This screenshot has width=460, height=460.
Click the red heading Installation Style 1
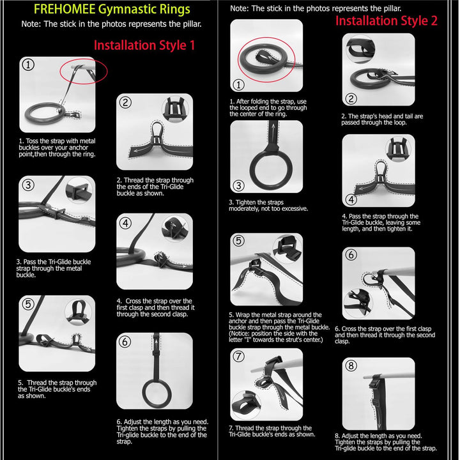tap(144, 45)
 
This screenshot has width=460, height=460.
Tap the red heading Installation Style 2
tap(387, 20)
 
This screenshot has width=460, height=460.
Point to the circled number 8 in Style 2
tap(351, 366)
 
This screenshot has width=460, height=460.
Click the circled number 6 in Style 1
tap(125, 342)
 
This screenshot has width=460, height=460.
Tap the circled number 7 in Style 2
tap(238, 356)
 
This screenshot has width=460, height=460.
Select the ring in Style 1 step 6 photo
tap(154, 397)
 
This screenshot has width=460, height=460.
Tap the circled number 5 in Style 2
tap(238, 241)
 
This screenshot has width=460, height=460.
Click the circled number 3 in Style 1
tap(27, 186)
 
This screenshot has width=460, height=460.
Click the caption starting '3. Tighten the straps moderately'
tap(268, 205)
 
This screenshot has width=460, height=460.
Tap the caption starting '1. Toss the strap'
tap(57, 147)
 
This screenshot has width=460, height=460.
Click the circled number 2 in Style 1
tap(125, 102)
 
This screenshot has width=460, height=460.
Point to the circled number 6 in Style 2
tap(351, 254)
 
